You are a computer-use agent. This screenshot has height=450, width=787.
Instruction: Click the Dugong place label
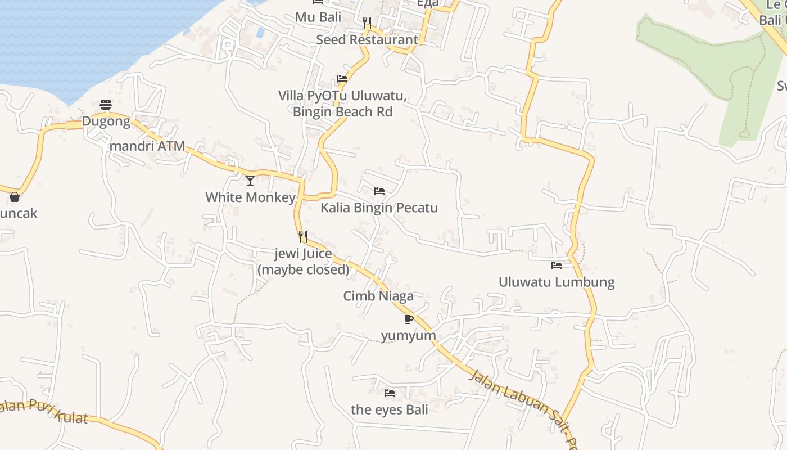click(106, 121)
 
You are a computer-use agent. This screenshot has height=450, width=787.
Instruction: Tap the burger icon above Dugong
click(106, 104)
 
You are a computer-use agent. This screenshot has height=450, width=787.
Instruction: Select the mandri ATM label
click(147, 146)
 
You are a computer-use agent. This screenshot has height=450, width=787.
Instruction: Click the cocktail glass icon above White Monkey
click(250, 181)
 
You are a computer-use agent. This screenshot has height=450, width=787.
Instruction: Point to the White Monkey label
click(250, 197)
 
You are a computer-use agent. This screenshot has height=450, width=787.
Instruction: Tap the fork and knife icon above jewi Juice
click(303, 236)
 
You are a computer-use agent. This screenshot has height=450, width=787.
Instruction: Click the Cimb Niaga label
click(378, 296)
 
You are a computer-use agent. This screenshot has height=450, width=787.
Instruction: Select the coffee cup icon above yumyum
click(409, 319)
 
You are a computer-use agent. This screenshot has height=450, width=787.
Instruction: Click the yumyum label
click(409, 336)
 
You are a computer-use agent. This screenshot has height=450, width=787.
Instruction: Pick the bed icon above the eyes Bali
click(390, 393)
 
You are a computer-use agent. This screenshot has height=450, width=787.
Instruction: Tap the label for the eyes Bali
click(390, 409)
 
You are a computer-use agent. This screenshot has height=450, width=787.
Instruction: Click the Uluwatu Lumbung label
click(557, 282)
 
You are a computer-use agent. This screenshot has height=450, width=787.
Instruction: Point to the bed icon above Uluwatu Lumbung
click(557, 265)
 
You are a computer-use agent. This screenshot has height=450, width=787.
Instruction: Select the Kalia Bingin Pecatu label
click(379, 208)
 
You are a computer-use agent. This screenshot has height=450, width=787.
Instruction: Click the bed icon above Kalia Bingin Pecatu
click(379, 191)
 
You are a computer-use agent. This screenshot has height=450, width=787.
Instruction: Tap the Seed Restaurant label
click(367, 40)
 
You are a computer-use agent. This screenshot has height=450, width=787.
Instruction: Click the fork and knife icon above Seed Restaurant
click(367, 22)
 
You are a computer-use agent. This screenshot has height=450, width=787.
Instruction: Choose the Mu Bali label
click(318, 17)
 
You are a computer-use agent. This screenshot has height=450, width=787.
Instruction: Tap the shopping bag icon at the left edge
click(15, 197)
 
